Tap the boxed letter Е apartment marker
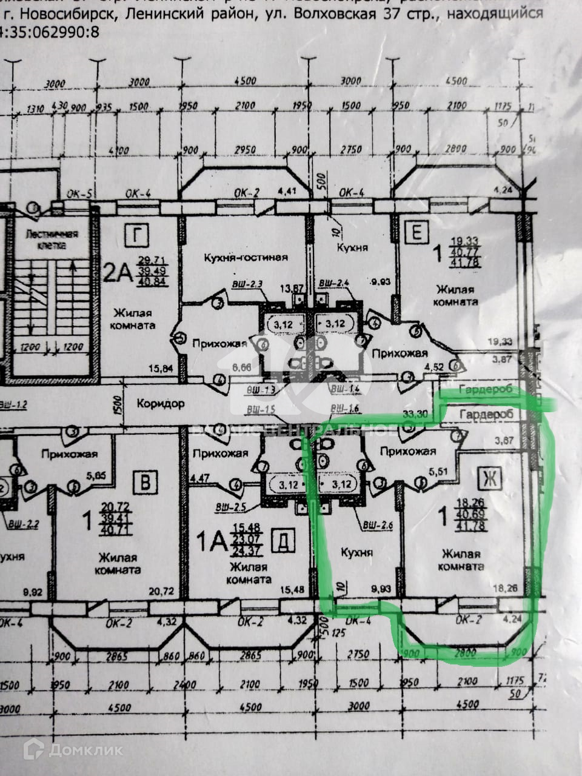point(418,232)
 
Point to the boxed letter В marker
point(146,482)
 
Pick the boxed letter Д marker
point(280,538)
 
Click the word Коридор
point(160,404)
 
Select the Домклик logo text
point(85,750)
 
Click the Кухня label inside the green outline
point(356,552)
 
